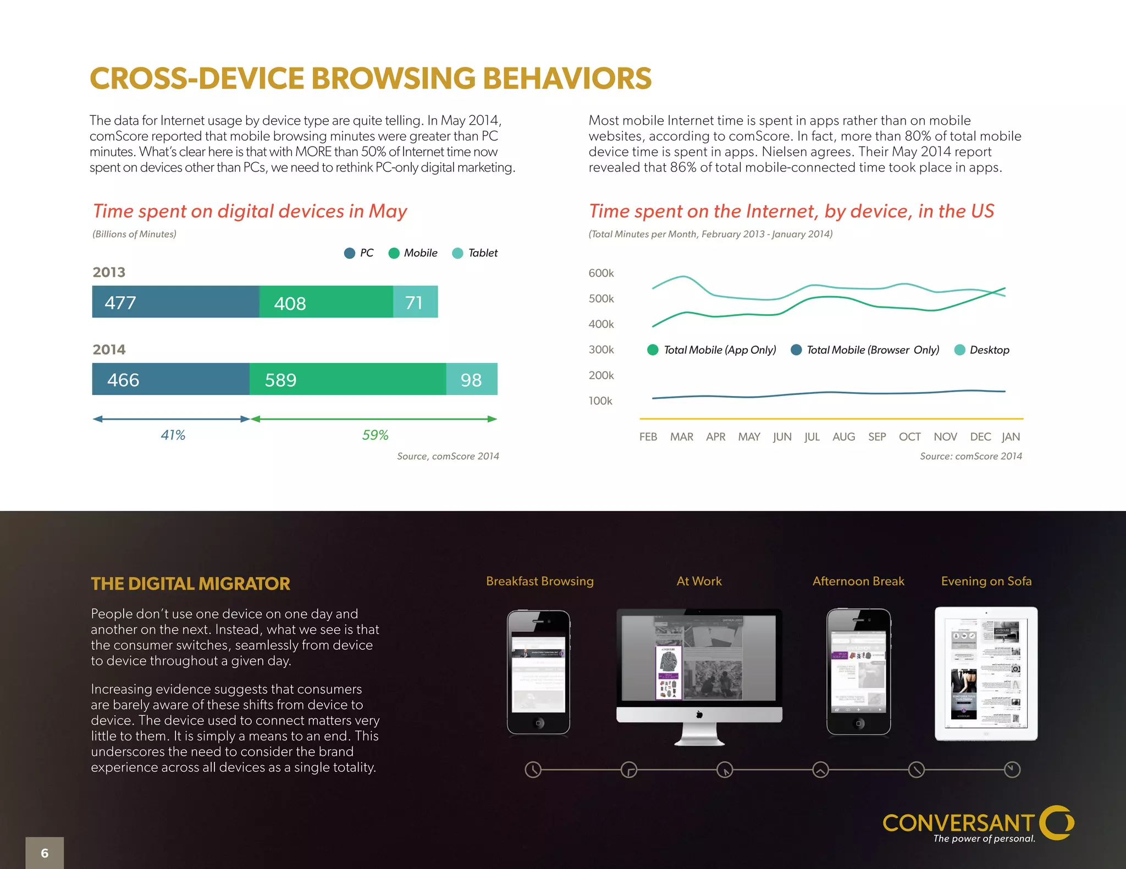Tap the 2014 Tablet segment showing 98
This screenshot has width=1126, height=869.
[x=471, y=379]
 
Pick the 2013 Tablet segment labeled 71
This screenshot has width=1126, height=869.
[x=415, y=302]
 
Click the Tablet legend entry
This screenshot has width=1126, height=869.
[x=475, y=253]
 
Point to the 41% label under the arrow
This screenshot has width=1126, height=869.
[x=173, y=435]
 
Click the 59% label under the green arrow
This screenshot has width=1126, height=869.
[x=375, y=435]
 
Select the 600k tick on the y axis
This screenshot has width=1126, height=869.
[x=601, y=273]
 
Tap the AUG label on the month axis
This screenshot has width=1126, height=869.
[x=843, y=437]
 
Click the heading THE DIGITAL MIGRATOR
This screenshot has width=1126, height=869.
[x=190, y=583]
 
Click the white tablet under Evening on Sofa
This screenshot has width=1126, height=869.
[x=986, y=673]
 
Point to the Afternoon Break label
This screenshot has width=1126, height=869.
[x=858, y=581]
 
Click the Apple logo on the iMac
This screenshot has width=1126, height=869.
[x=699, y=715]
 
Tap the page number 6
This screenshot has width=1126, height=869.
[x=45, y=853]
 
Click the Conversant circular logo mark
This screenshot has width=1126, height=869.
[x=1058, y=822]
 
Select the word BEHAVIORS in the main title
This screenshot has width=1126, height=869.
[x=567, y=79]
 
